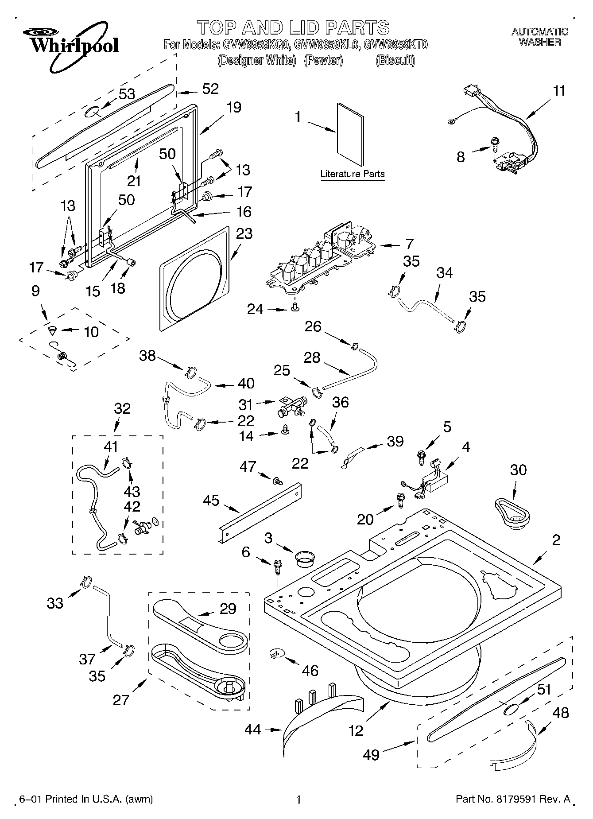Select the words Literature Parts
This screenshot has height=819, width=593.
353,174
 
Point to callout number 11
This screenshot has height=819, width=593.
559,91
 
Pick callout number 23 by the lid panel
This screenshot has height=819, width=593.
244,233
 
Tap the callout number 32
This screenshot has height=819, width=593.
122,408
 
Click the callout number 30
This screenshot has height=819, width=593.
518,470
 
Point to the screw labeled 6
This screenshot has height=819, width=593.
278,566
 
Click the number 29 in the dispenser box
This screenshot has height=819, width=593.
228,609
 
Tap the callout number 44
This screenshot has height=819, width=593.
253,729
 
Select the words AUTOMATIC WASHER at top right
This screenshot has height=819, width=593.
539,37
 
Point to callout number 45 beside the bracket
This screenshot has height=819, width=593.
211,500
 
